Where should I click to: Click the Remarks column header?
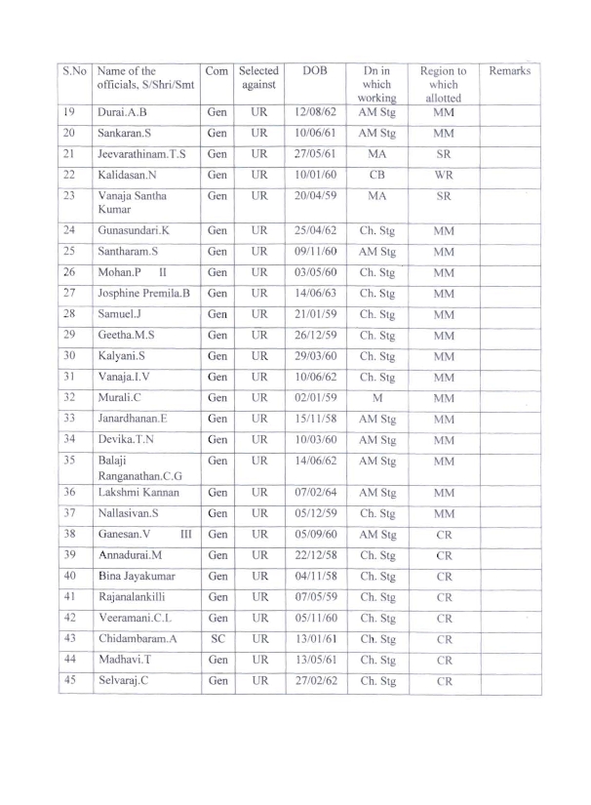509,71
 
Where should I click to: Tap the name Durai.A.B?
124,113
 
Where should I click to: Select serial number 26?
69,272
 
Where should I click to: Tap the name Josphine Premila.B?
143,293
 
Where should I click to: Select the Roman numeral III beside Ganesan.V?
186,535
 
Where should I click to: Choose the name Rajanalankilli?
136,596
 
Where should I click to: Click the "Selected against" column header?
258,78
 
